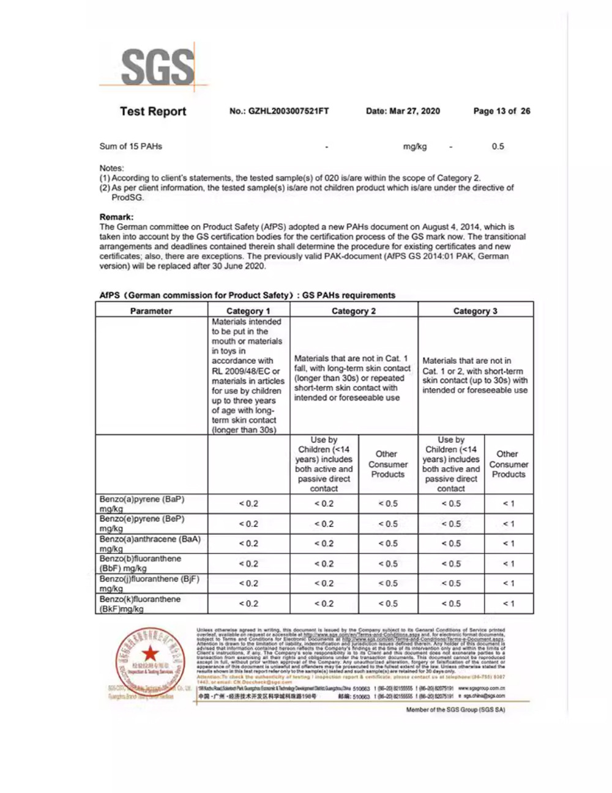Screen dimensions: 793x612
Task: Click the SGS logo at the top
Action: (x=157, y=67)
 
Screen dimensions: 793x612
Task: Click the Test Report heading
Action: (x=153, y=111)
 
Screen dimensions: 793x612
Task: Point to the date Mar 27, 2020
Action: (x=403, y=111)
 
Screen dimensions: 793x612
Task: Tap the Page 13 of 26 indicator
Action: (x=502, y=111)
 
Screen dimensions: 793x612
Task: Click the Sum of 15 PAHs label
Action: (x=131, y=147)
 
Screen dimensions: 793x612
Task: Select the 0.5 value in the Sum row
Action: (x=498, y=147)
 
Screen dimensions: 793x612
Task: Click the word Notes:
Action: (x=111, y=168)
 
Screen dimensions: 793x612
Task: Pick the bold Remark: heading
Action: (x=116, y=217)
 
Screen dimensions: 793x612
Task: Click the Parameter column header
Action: (x=151, y=311)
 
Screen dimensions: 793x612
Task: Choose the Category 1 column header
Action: (x=248, y=311)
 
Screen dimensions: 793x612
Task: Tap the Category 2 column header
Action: (x=354, y=311)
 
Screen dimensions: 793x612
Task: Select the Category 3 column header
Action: (x=475, y=311)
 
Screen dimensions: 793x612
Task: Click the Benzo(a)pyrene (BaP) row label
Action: (x=142, y=503)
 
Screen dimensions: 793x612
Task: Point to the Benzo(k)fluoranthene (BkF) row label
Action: (x=140, y=603)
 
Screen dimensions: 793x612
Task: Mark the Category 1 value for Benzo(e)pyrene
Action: (x=248, y=524)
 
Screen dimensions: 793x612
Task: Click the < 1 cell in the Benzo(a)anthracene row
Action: (x=509, y=544)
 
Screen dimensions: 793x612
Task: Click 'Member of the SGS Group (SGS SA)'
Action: (x=455, y=710)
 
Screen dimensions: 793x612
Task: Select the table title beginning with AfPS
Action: (x=247, y=295)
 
